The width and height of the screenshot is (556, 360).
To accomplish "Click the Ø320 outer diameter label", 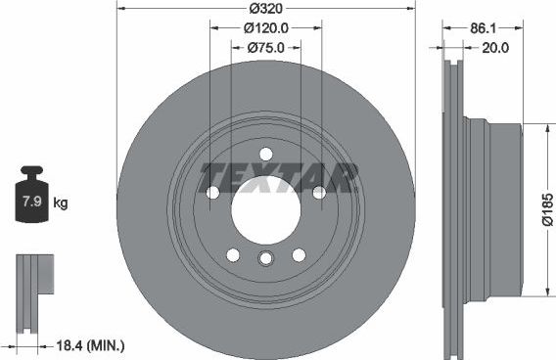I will (265, 9).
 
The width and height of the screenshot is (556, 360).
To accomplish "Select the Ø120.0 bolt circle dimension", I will (265, 28).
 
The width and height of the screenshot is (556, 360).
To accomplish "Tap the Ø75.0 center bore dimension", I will (265, 46).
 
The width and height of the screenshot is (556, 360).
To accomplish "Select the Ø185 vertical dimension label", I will (546, 209).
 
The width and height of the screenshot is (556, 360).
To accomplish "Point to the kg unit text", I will (61, 203).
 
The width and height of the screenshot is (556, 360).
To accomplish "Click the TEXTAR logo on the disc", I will (279, 178).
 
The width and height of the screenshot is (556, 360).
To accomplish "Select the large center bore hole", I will (265, 211).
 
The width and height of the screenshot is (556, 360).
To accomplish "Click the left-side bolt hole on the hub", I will (212, 193).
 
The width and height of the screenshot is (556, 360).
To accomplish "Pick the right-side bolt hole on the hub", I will (318, 193).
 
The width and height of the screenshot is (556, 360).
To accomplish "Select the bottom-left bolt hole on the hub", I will (233, 255).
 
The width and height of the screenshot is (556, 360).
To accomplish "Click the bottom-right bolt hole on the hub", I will (299, 255).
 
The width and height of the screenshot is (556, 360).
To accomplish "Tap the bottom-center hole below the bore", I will (265, 258).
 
